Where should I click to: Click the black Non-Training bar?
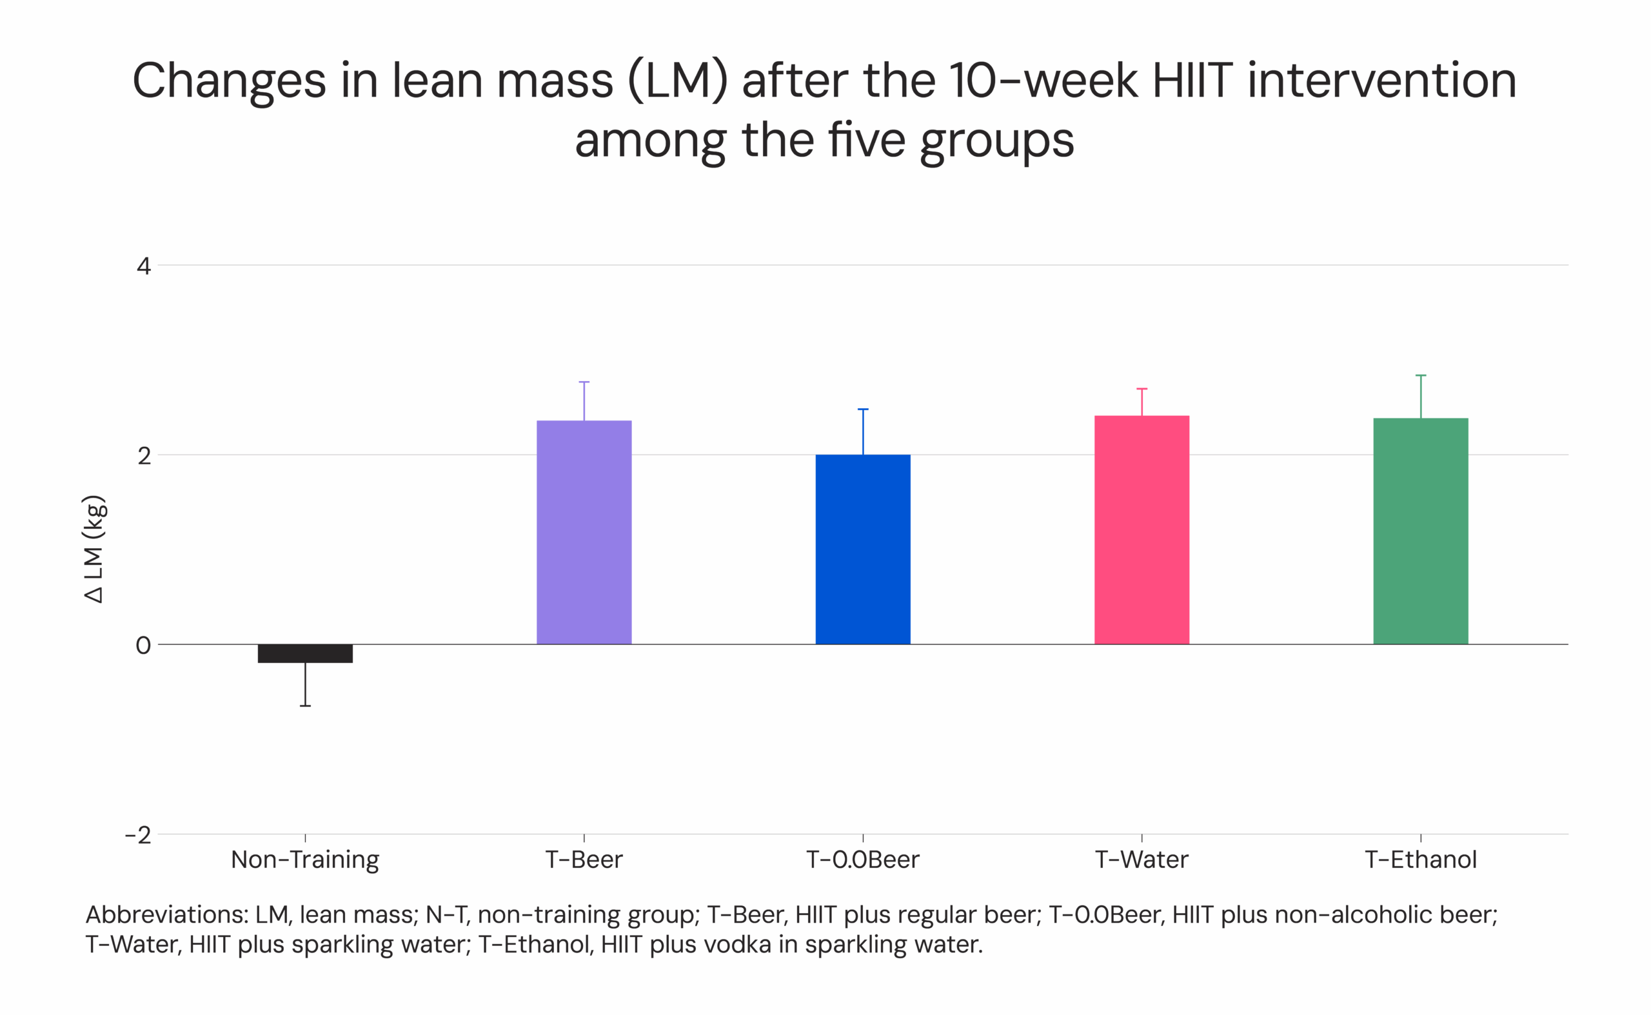305,653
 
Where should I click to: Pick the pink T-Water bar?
1141,529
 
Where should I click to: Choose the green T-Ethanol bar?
1420,531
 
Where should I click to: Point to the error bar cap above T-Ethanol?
1420,375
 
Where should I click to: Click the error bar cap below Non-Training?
305,705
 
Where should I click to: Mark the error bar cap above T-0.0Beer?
862,409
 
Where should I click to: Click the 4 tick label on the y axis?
143,266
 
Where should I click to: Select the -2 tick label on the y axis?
137,835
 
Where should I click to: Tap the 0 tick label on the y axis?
143,645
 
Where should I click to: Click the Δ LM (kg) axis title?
94,549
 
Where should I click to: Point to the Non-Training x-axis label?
305,859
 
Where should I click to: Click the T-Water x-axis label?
1141,859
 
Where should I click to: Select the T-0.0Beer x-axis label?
862,859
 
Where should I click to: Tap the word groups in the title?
996,141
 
